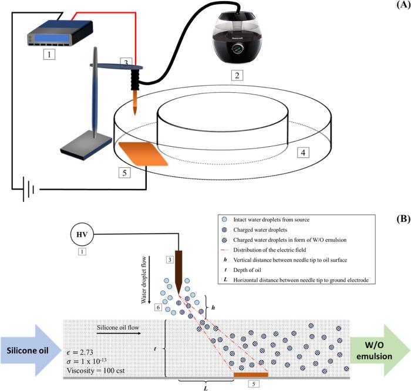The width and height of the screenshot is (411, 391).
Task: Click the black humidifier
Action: click(x=237, y=39)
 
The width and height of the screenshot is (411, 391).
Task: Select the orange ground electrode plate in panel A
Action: click(x=143, y=154)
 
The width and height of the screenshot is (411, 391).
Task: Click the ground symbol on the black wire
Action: click(x=29, y=189)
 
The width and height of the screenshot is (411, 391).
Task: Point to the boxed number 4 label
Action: click(x=303, y=152)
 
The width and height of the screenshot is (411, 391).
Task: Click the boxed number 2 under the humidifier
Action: click(x=237, y=76)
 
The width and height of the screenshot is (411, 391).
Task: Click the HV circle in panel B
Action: click(x=82, y=234)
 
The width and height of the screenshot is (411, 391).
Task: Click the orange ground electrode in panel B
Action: click(x=251, y=375)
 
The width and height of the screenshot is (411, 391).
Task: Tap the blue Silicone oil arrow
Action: click(x=31, y=350)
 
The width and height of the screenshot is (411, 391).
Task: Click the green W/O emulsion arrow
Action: click(x=379, y=350)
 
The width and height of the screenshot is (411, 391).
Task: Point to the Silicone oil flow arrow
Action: click(x=119, y=333)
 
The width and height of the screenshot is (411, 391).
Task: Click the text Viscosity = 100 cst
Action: click(x=96, y=370)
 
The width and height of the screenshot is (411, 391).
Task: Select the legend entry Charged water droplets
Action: click(x=260, y=230)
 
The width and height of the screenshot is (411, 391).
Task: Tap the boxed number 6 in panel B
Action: click(x=158, y=307)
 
